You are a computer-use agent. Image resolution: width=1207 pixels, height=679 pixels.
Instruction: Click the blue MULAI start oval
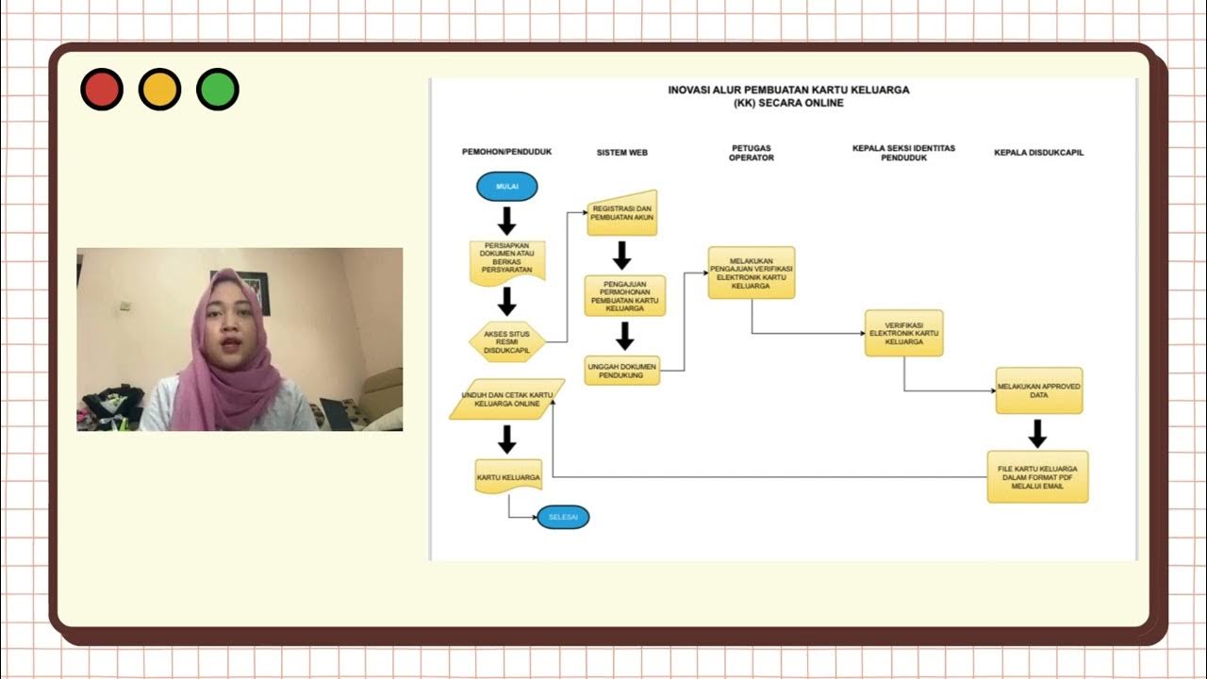[x=507, y=187]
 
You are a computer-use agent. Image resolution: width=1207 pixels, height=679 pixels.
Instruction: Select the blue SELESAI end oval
[x=563, y=517]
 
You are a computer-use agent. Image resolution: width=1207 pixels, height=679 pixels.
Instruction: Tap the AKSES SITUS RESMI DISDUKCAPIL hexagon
[x=506, y=340]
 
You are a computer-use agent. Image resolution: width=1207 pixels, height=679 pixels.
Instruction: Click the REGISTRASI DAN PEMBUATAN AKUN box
[x=622, y=212]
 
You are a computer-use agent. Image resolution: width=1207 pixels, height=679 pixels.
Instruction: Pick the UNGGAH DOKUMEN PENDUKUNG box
[x=621, y=370]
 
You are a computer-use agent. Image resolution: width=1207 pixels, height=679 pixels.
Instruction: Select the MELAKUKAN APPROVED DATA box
[x=1038, y=390]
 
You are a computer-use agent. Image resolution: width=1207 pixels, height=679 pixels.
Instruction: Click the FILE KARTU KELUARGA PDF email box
[x=1037, y=476]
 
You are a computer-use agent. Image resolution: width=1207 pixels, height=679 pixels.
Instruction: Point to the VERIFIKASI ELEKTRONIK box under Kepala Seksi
[x=903, y=333]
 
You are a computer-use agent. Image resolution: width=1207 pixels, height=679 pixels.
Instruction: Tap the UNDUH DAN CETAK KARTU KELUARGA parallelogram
[x=506, y=399]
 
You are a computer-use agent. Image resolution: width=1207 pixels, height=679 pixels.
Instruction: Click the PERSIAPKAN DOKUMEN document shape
[x=507, y=261]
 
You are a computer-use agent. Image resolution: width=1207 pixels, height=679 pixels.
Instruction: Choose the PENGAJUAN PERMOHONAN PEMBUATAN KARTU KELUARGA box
[x=624, y=295]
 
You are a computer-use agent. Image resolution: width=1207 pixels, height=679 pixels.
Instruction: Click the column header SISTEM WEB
[x=621, y=152]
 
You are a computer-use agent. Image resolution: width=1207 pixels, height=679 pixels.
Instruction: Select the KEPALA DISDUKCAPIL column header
[x=1038, y=152]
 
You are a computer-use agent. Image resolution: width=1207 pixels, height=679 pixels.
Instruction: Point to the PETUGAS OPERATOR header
[x=751, y=153]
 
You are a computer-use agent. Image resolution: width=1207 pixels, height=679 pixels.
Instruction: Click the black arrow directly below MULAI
[x=507, y=221]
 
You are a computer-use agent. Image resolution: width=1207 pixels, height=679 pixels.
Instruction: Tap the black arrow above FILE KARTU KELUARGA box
[x=1037, y=433]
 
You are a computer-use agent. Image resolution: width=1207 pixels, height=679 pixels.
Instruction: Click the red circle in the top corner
[x=102, y=91]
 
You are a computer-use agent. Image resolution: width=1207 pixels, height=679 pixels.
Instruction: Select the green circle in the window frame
[x=217, y=91]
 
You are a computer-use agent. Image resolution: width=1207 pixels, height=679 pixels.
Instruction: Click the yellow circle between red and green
[x=159, y=91]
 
